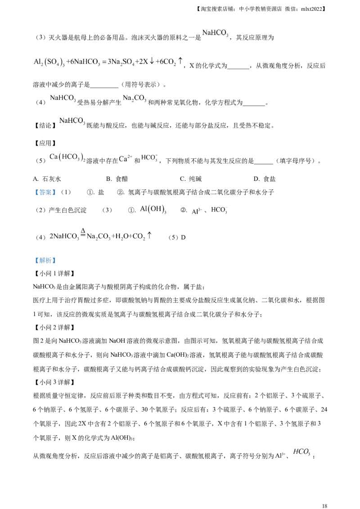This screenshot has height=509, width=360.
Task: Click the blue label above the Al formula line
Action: point(45,192)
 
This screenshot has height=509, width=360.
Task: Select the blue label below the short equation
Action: point(45,261)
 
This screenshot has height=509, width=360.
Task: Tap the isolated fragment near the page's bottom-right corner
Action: point(302,451)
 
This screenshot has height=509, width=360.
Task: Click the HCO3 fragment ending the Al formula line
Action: point(220,209)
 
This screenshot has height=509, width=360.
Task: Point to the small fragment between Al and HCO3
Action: point(196,210)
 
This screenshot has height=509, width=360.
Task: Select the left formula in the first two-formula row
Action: point(63,97)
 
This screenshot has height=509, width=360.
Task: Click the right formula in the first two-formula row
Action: point(135,97)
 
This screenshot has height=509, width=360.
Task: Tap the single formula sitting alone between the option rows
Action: point(72,120)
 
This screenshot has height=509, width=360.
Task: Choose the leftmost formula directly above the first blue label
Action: point(66,157)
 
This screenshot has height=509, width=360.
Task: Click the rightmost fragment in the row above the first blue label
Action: point(148,158)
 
